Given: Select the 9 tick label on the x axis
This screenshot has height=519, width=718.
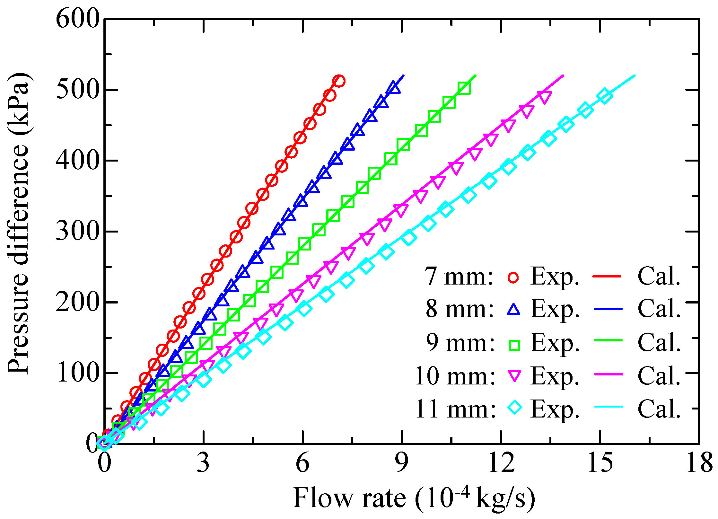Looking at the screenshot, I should click(402, 463).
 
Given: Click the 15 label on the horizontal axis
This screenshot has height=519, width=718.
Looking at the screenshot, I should click(600, 463).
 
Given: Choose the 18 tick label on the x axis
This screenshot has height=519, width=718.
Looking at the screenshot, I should click(699, 463).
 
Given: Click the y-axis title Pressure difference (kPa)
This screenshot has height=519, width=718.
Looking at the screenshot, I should click(19, 223).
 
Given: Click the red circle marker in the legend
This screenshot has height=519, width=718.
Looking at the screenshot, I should click(513, 277).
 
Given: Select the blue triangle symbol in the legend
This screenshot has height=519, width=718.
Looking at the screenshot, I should click(513, 309).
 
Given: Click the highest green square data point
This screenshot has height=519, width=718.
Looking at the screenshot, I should click(464, 88).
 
